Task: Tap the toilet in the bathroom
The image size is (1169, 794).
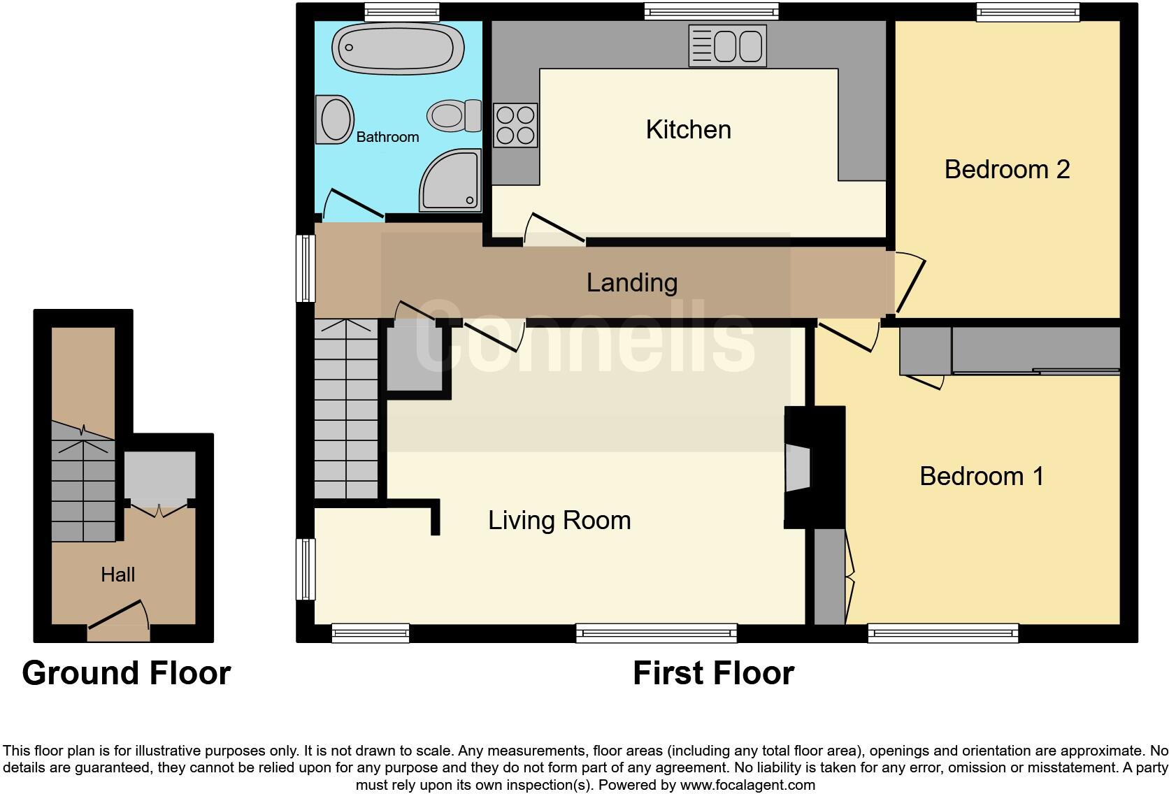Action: [x=454, y=115]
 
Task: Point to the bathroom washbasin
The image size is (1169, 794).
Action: [x=334, y=120]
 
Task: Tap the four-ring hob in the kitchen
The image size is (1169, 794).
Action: [x=515, y=125]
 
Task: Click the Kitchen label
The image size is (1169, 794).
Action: [x=688, y=130]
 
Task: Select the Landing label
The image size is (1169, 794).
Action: [x=631, y=282]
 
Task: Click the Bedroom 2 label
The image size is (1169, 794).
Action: [x=1006, y=169]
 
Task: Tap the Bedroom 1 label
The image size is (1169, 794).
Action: [x=981, y=476]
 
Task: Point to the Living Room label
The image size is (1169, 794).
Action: [x=559, y=520]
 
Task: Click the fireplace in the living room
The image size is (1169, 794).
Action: [x=798, y=468]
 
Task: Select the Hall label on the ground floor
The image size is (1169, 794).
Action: [x=117, y=575]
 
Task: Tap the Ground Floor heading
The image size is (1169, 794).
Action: [x=127, y=673]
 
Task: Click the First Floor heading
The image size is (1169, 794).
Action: [x=713, y=673]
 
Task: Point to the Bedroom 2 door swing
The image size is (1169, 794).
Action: [x=910, y=282]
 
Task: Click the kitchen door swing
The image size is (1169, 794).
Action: [x=554, y=229]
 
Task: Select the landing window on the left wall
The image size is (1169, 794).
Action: [x=306, y=268]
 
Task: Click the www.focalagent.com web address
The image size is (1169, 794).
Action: [x=747, y=785]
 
